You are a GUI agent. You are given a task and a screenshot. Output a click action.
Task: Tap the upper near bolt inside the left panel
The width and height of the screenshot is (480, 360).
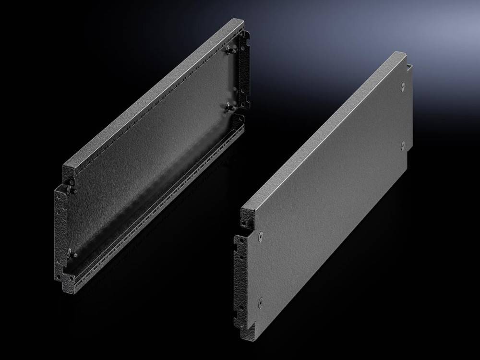coord(72,183)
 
